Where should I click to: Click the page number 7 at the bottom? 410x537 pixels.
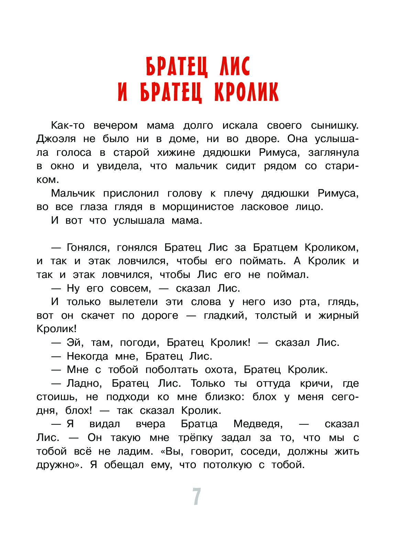coord(197,497)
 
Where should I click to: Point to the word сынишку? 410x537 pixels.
coord(335,126)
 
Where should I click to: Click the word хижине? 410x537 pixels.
coord(176,153)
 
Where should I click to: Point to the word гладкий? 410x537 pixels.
coord(225,316)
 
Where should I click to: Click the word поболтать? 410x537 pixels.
coord(171,370)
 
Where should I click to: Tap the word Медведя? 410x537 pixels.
coord(258,424)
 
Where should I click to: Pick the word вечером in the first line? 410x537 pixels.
coord(115,126)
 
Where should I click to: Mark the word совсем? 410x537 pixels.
coord(131,289)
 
